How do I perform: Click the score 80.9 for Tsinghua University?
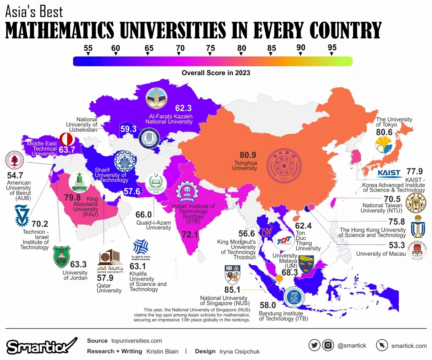(x=248, y=155)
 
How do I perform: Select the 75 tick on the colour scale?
(x=210, y=48)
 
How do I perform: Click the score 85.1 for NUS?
(x=232, y=290)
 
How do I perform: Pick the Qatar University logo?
(x=110, y=260)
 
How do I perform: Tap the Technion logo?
(x=22, y=216)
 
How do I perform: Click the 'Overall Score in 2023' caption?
(x=216, y=73)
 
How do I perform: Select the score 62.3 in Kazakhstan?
(x=183, y=108)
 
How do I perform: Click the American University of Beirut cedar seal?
(x=15, y=160)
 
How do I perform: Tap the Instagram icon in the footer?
(x=328, y=345)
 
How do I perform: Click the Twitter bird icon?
(x=314, y=345)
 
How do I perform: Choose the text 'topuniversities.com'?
(x=137, y=341)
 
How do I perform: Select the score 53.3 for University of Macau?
(x=397, y=245)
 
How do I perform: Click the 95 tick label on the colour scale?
(x=332, y=48)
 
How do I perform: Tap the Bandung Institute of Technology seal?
(x=294, y=297)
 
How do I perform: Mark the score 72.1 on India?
(x=190, y=234)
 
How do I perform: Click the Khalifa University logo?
(x=141, y=249)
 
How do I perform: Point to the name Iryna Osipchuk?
(x=239, y=352)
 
